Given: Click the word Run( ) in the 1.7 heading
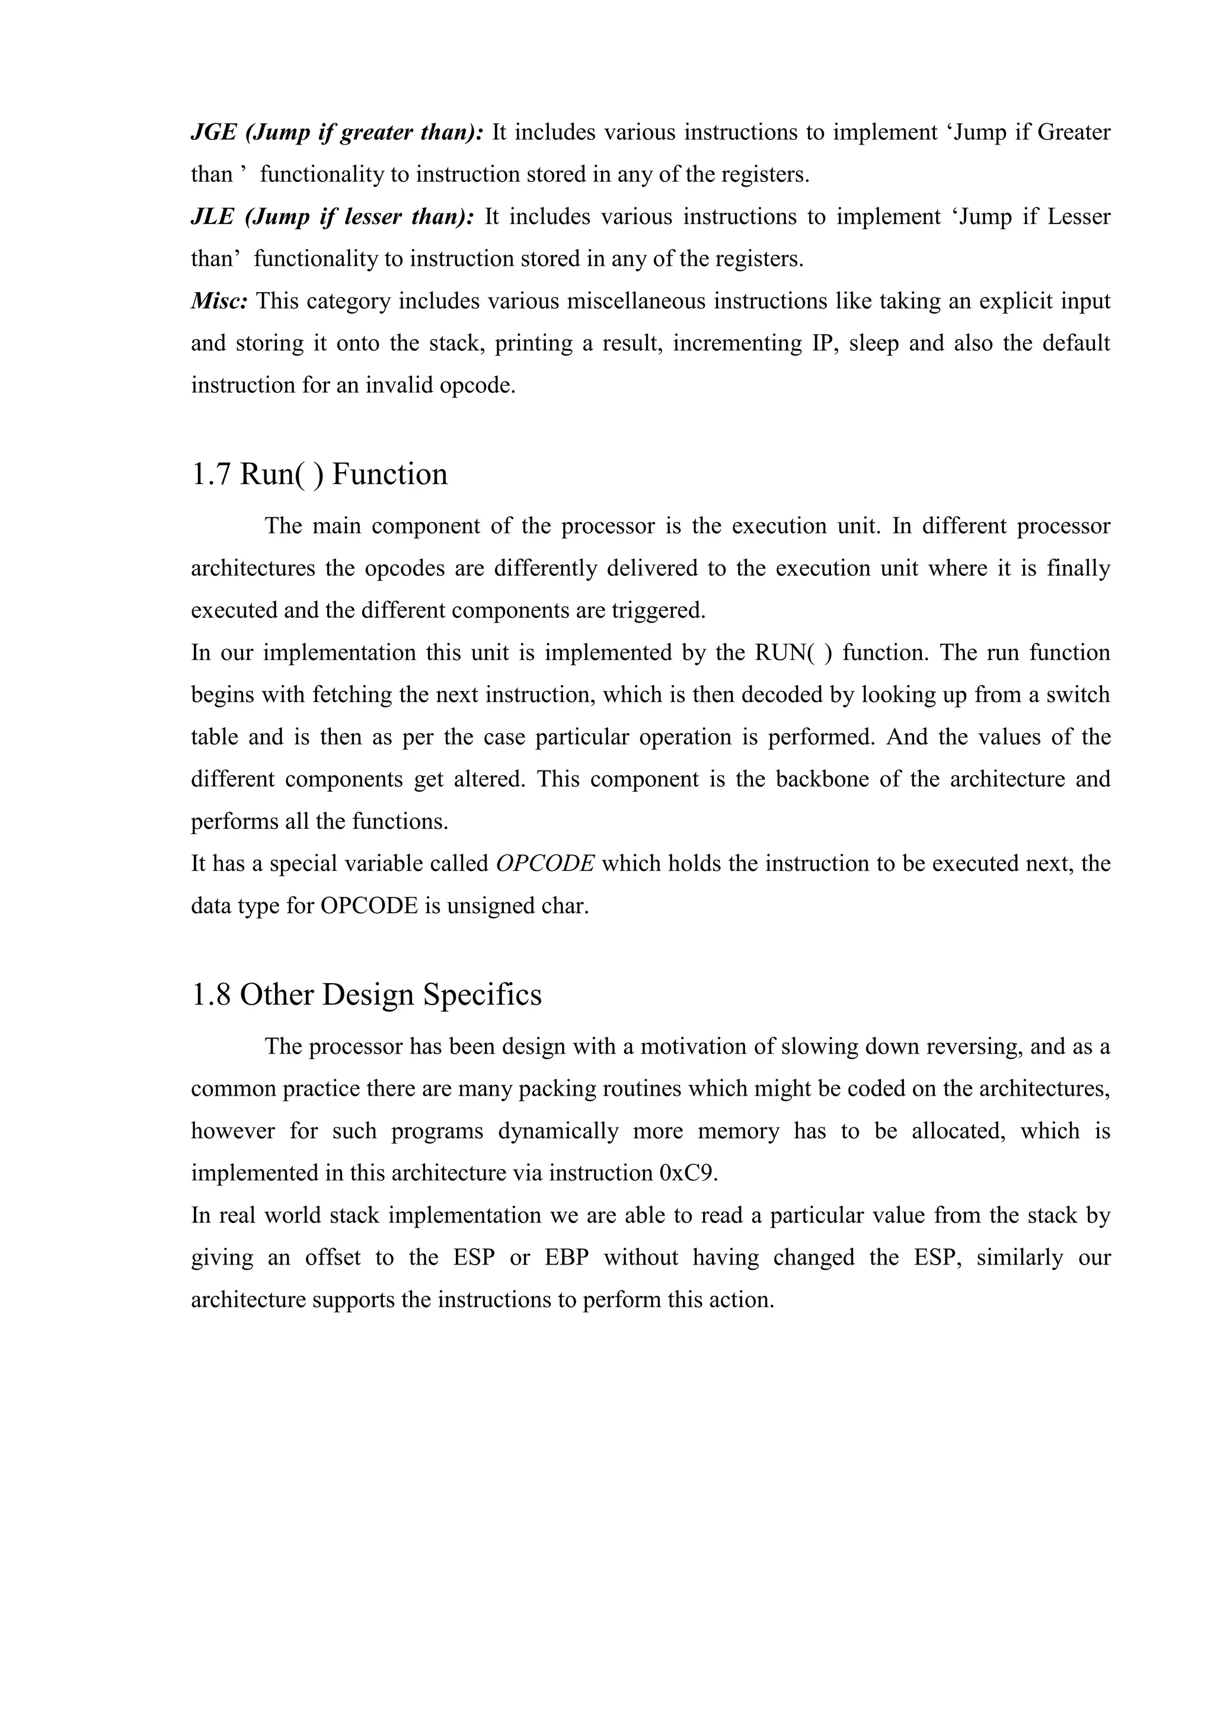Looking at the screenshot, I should [282, 475].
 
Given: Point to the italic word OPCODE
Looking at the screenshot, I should [545, 864].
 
